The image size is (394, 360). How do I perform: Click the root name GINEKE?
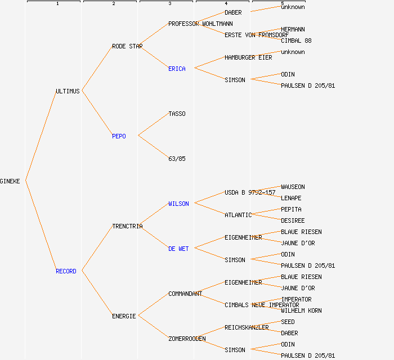10,181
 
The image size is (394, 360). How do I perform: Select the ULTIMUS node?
68,91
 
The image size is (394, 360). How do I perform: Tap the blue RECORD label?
66,271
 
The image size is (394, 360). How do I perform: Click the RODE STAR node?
127,46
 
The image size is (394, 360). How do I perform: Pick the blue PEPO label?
119,136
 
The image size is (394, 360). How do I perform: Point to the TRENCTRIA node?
127,226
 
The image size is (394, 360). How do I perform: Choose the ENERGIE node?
124,316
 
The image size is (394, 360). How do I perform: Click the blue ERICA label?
177,69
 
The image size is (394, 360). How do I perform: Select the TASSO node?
177,114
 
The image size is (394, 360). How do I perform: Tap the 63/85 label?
177,159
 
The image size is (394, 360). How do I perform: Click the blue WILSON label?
178,204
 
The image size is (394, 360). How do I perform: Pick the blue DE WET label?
178,249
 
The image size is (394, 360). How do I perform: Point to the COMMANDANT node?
185,294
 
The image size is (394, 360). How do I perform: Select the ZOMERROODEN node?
187,339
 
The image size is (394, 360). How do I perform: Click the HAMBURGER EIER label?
248,57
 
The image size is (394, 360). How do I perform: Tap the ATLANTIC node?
238,215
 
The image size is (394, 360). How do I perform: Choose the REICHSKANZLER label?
247,327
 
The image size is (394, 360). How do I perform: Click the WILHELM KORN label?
301,310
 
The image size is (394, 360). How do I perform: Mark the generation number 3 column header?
169,4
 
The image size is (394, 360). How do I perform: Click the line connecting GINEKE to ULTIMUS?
41,136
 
